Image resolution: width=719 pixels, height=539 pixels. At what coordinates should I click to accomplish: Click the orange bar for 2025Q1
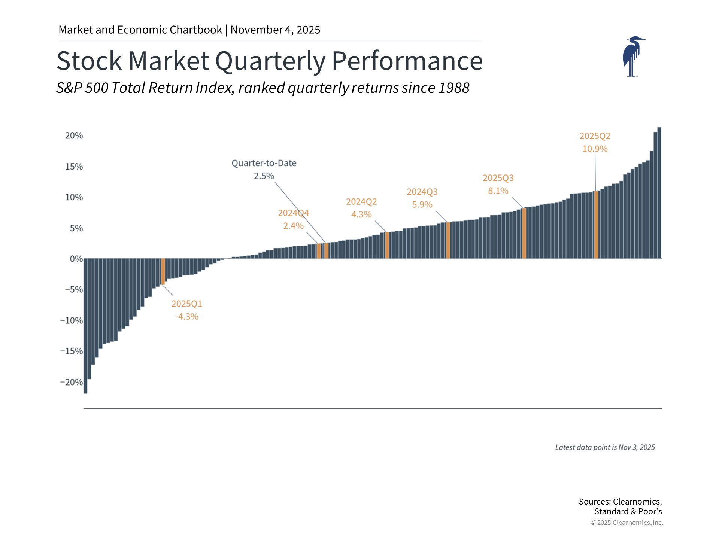pyautogui.click(x=163, y=271)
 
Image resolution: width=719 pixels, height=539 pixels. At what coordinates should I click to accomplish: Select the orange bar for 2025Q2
pyautogui.click(x=596, y=225)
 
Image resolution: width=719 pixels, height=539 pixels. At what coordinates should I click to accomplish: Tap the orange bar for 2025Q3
pyautogui.click(x=524, y=233)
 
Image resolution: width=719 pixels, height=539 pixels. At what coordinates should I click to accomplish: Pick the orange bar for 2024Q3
pyautogui.click(x=448, y=240)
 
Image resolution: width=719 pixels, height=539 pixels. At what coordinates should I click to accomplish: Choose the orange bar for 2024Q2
pyautogui.click(x=387, y=245)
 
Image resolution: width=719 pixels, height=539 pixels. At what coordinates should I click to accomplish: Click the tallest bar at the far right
pyautogui.click(x=659, y=193)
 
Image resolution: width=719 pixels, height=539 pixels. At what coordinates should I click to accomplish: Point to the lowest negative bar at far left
pyautogui.click(x=85, y=326)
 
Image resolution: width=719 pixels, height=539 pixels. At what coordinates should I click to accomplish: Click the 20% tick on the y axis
pyautogui.click(x=74, y=135)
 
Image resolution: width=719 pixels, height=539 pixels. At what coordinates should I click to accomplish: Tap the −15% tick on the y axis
pyautogui.click(x=72, y=351)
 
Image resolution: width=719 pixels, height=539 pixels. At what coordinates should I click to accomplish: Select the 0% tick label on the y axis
pyautogui.click(x=76, y=259)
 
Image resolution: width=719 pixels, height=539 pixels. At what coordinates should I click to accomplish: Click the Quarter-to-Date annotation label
pyautogui.click(x=264, y=163)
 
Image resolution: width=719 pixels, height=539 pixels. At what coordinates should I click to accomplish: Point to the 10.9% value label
pyautogui.click(x=595, y=149)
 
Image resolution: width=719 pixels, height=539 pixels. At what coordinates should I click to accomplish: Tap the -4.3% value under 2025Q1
pyautogui.click(x=186, y=316)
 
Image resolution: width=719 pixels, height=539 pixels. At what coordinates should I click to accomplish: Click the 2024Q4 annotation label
pyautogui.click(x=293, y=213)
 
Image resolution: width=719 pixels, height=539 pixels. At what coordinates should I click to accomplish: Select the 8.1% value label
pyautogui.click(x=498, y=191)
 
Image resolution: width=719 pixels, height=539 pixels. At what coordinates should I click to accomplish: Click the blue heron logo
pyautogui.click(x=633, y=56)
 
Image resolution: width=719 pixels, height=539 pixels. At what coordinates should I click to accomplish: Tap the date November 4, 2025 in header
pyautogui.click(x=275, y=30)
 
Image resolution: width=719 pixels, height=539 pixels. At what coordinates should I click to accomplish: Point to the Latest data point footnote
pyautogui.click(x=605, y=447)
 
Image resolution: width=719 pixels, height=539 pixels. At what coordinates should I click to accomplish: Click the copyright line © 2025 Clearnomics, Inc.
pyautogui.click(x=627, y=523)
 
